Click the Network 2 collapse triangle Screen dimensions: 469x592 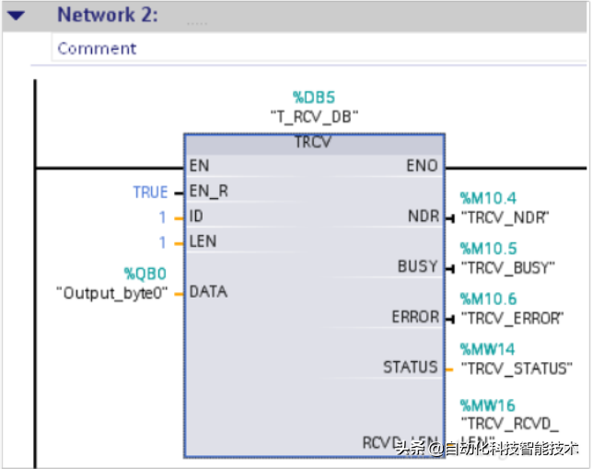15,16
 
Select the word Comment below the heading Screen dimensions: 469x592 97,49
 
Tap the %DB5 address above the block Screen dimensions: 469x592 313,97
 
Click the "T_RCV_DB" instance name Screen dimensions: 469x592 313,116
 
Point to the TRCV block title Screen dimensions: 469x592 313,143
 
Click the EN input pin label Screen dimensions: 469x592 198,167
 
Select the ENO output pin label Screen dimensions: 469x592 422,167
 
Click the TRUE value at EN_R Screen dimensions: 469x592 150,193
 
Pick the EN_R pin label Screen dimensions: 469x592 205,193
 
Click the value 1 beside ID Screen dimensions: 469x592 164,217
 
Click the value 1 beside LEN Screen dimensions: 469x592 164,242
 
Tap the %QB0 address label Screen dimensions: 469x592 145,274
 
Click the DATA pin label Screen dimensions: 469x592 208,292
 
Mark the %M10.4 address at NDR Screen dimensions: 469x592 488,198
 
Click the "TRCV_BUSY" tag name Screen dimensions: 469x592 508,268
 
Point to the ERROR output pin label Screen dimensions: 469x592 415,317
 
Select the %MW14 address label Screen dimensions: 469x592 488,349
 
